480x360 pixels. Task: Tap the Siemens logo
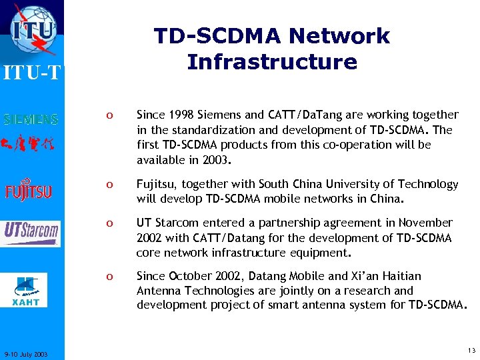click(32, 120)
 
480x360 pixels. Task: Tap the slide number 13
click(471, 350)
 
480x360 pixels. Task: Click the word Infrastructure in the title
click(272, 62)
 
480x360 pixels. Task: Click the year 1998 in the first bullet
click(177, 115)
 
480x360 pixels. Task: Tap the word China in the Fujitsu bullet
click(385, 199)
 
